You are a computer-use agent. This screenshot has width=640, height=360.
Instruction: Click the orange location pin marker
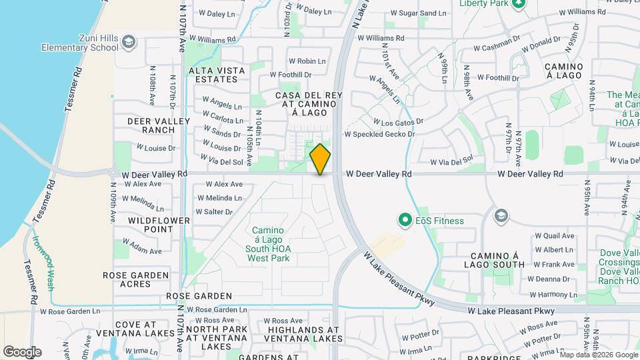[321, 159]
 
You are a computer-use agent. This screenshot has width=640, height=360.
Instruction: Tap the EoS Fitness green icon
[403, 219]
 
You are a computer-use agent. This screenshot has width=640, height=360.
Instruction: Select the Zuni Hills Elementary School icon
[128, 43]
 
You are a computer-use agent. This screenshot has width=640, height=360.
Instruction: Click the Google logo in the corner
[21, 351]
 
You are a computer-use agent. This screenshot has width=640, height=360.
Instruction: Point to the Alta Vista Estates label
[213, 75]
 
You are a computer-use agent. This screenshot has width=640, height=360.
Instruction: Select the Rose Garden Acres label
[136, 279]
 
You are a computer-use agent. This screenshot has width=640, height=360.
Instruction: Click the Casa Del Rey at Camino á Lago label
[309, 105]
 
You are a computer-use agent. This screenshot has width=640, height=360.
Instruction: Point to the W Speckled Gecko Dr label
[379, 134]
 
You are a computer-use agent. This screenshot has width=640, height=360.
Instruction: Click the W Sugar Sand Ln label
[418, 13]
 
